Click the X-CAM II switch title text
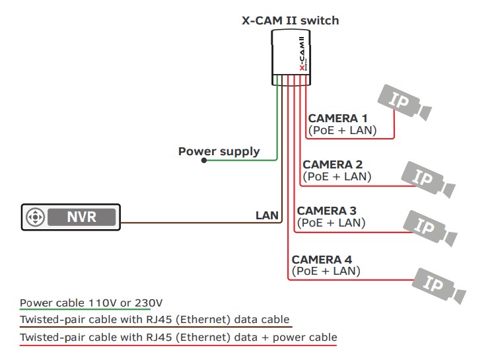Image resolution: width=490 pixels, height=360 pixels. [290, 20]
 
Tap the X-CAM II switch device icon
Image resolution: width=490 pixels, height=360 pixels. [291, 59]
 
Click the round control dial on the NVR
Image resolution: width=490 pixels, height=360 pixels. [36, 217]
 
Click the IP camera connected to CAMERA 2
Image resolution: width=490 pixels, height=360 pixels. [429, 176]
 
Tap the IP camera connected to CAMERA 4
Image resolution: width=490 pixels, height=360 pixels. [438, 283]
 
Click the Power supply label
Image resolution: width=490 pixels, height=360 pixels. [219, 151]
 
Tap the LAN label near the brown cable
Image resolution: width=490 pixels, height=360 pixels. [267, 215]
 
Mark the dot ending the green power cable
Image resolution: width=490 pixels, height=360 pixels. [204, 159]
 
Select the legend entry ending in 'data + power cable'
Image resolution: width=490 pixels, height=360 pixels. [178, 338]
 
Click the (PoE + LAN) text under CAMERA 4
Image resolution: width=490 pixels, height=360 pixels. [326, 271]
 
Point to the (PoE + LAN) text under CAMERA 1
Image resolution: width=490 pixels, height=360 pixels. [342, 131]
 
